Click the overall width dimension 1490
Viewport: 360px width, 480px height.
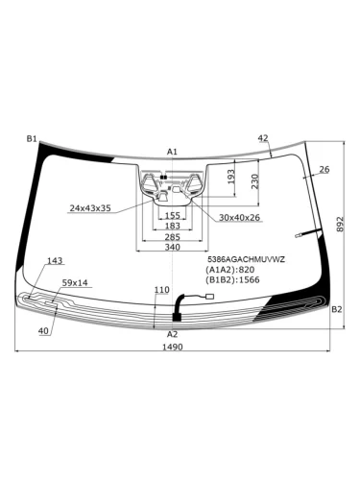(x=173, y=347)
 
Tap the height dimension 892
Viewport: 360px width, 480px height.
(x=340, y=224)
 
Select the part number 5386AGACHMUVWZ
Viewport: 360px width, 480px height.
(x=246, y=259)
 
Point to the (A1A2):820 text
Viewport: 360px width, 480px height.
(x=230, y=270)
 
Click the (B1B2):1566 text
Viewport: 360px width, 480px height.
(x=232, y=280)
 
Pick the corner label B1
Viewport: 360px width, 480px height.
(x=32, y=139)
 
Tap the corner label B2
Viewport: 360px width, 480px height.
(x=337, y=309)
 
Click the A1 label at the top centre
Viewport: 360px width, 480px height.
(x=172, y=152)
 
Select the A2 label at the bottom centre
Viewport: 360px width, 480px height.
(x=172, y=334)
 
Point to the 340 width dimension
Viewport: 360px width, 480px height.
(x=173, y=247)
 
